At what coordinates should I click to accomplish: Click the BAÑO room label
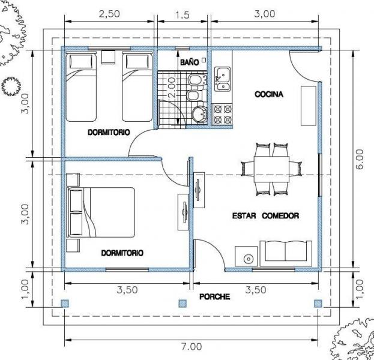(x=189, y=62)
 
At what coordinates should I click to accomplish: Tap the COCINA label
(x=269, y=94)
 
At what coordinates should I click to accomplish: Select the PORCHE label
(x=215, y=296)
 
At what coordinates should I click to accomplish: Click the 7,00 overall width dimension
(x=192, y=346)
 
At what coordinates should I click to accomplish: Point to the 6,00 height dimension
(x=360, y=159)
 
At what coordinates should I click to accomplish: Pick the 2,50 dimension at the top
(x=109, y=14)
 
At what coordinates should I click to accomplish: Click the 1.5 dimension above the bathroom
(x=182, y=15)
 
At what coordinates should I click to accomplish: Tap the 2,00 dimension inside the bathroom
(x=172, y=88)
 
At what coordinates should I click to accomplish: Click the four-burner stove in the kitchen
(x=223, y=114)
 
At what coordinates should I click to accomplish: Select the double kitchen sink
(x=223, y=79)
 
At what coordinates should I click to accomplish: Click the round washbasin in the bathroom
(x=199, y=115)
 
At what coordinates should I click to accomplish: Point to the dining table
(x=271, y=169)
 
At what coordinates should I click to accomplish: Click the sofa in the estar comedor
(x=286, y=253)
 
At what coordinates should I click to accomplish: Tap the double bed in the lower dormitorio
(x=101, y=212)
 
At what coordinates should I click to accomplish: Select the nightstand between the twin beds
(x=108, y=57)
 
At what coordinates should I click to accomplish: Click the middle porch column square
(x=182, y=304)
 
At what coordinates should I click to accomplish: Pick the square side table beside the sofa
(x=246, y=256)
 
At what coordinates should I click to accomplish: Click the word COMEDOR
(x=280, y=216)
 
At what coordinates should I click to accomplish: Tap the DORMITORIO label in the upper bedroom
(x=109, y=132)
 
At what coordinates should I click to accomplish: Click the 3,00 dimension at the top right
(x=265, y=14)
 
